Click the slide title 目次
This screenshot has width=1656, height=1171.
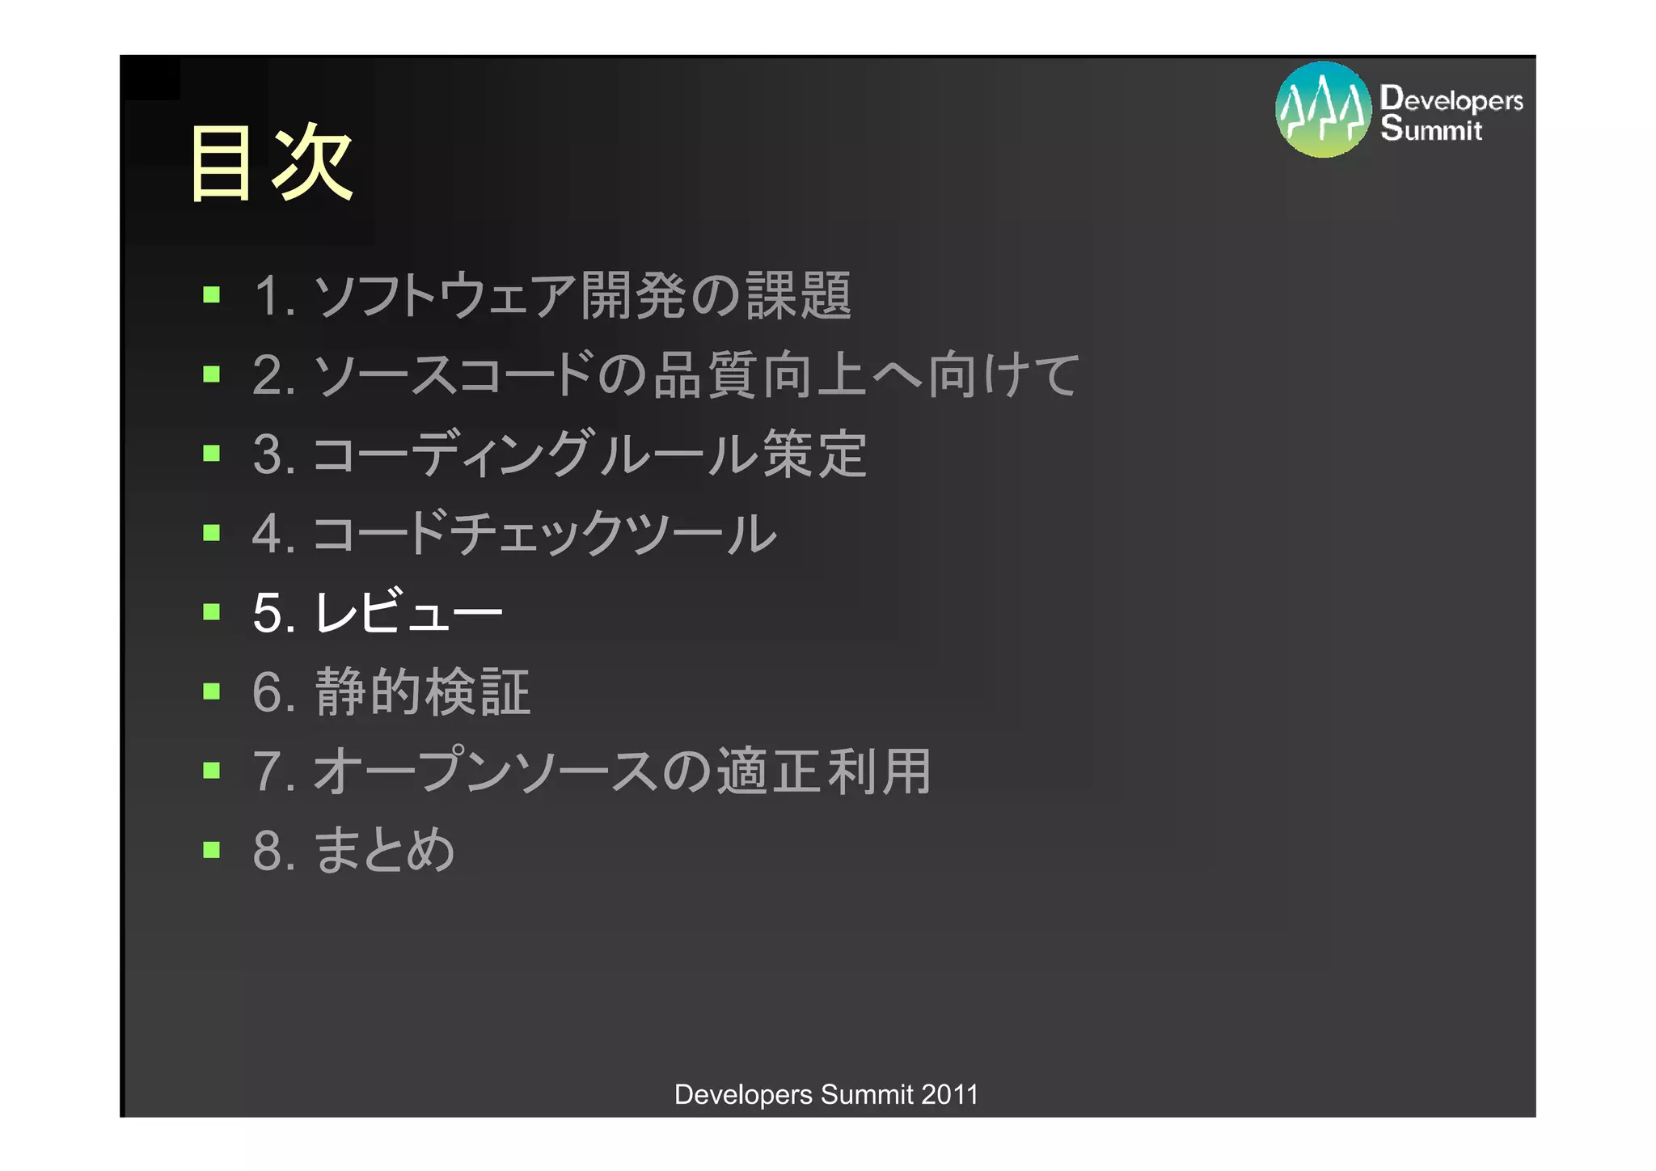coord(271,163)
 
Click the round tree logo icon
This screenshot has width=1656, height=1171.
coord(1323,110)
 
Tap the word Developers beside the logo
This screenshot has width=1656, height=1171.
coord(1452,99)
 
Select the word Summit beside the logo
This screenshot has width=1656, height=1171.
coord(1431,129)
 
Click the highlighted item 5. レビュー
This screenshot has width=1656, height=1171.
coord(378,612)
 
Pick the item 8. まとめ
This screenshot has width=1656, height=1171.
coord(354,850)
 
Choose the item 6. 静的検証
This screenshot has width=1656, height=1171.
coord(391,692)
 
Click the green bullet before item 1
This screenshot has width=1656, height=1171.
coord(212,294)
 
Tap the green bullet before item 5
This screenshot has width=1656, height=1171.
coord(212,611)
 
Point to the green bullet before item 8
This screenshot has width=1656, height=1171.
coord(212,849)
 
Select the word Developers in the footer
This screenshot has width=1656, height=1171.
coord(743,1094)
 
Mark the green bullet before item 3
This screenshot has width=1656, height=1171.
coord(212,453)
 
